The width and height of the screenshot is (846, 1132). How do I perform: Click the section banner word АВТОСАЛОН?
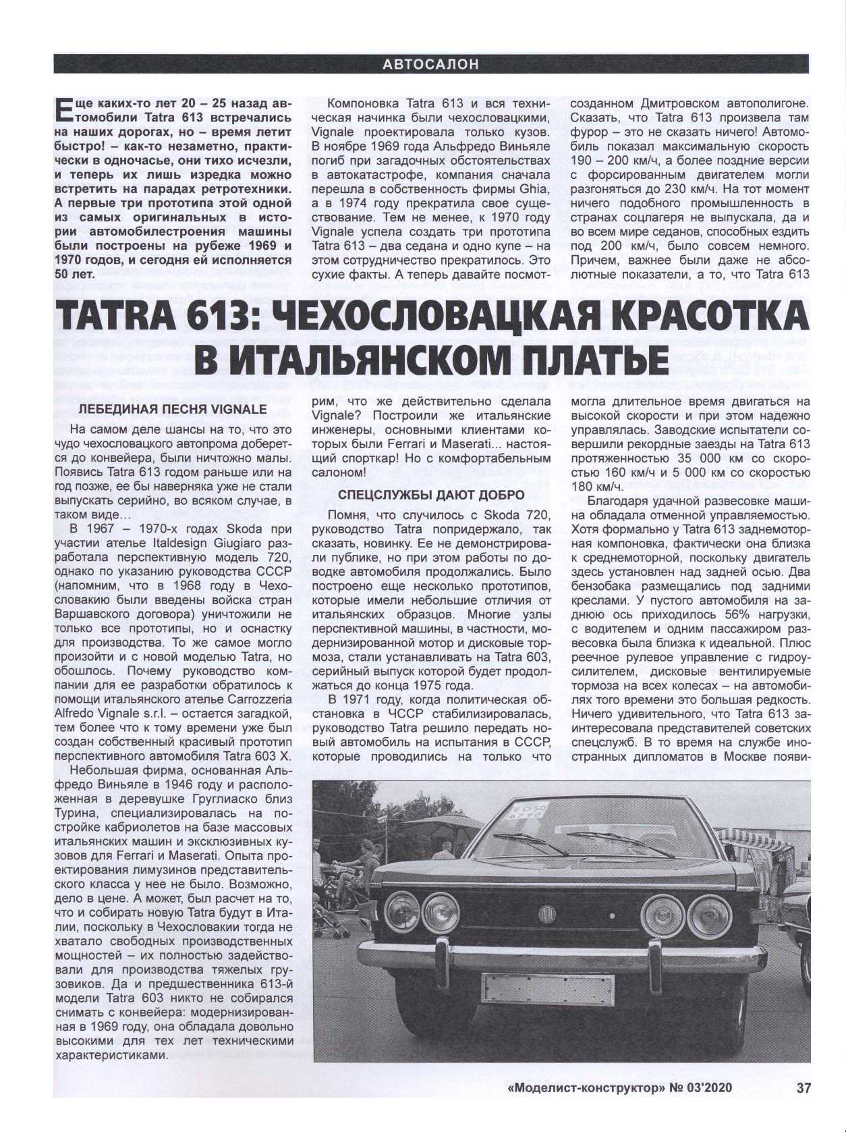pos(430,65)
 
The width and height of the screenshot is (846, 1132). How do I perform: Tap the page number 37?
pos(803,1087)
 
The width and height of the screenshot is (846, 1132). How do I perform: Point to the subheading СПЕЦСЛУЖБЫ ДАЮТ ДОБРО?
pos(431,495)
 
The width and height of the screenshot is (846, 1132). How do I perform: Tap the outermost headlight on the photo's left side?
pos(400,913)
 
